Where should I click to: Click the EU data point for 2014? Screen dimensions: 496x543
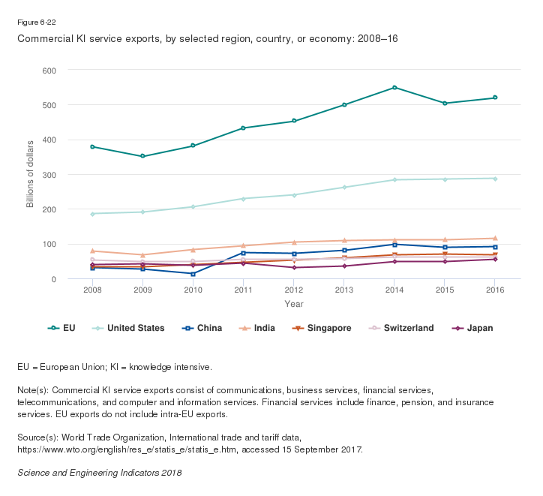point(394,88)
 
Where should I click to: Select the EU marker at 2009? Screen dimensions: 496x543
point(142,156)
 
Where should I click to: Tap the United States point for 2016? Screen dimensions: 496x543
point(495,179)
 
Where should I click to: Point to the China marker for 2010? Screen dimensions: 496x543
point(193,274)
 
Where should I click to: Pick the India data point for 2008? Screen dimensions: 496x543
point(92,251)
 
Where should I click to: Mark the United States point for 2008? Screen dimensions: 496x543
point(92,214)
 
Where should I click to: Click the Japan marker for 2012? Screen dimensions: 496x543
point(294,268)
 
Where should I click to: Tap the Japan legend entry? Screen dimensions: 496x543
point(472,328)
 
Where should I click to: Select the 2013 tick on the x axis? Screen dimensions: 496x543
point(344,290)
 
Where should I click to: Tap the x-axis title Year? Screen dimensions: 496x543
point(293,304)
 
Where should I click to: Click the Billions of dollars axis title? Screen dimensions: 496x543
point(31,174)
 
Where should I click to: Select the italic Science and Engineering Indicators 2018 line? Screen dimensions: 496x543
point(99,473)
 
